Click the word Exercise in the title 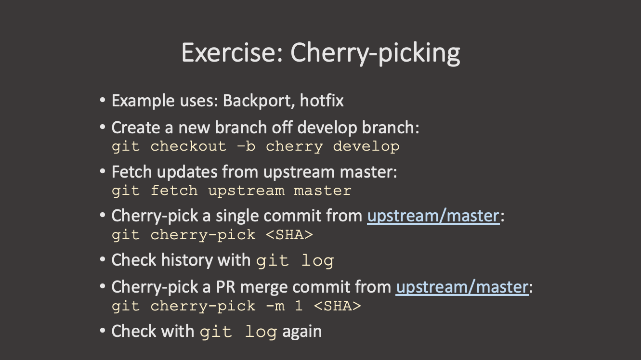point(232,52)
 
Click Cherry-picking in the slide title point(375,54)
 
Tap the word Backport point(259,101)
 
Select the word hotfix point(322,101)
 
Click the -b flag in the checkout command point(246,146)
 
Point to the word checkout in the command point(188,146)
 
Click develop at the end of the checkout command point(366,147)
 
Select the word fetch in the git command point(174,191)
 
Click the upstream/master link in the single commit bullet point(433,216)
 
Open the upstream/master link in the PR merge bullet point(462,287)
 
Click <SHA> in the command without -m point(289,235)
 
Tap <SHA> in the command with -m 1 point(338,306)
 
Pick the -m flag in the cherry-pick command point(275,307)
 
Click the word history point(186,260)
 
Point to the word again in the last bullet point(302,332)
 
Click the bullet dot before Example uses point(103,101)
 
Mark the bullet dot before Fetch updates point(103,171)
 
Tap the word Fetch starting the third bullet point(131,172)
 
